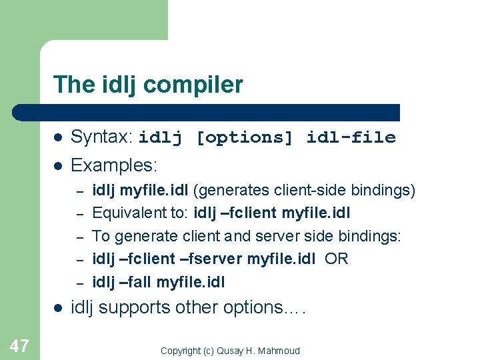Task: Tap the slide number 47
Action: tap(19, 345)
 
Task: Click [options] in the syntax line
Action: tap(244, 138)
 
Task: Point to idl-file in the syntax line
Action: tap(351, 138)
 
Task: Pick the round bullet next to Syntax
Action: tap(58, 138)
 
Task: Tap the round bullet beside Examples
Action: tap(58, 165)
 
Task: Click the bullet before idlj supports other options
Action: tap(58, 308)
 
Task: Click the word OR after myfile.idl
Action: tap(337, 259)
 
